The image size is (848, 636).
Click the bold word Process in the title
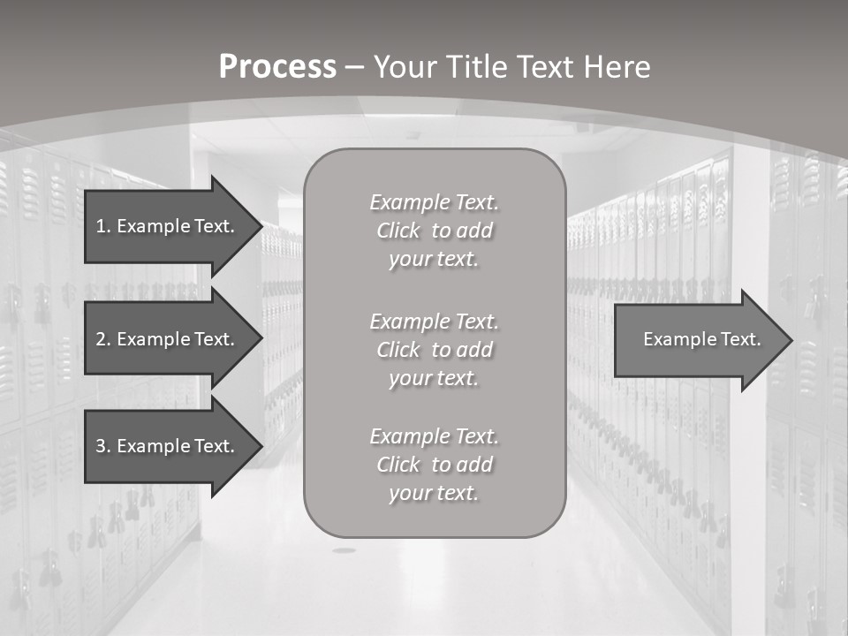pyautogui.click(x=277, y=67)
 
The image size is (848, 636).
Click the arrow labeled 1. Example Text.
pyautogui.click(x=168, y=226)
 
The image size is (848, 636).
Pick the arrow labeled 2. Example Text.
pyautogui.click(x=168, y=339)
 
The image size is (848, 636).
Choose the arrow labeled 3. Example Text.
pyautogui.click(x=168, y=446)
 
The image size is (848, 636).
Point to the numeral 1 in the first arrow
pyautogui.click(x=100, y=226)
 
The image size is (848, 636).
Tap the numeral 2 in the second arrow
pyautogui.click(x=101, y=339)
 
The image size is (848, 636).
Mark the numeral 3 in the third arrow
pyautogui.click(x=101, y=446)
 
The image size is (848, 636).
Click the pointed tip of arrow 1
pyautogui.click(x=261, y=226)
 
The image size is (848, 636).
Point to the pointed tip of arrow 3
pyautogui.click(x=261, y=446)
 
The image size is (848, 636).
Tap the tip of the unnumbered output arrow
pyautogui.click(x=791, y=340)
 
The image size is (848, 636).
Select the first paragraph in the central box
pyautogui.click(x=434, y=231)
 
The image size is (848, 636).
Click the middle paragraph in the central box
pyautogui.click(x=434, y=350)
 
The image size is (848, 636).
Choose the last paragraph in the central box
pyautogui.click(x=434, y=465)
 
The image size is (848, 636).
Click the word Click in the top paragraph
pyautogui.click(x=398, y=231)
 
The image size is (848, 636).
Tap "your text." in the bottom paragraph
pyautogui.click(x=433, y=493)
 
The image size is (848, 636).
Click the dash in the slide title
pyautogui.click(x=354, y=67)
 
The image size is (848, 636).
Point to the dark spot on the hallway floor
pyautogui.click(x=344, y=550)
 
